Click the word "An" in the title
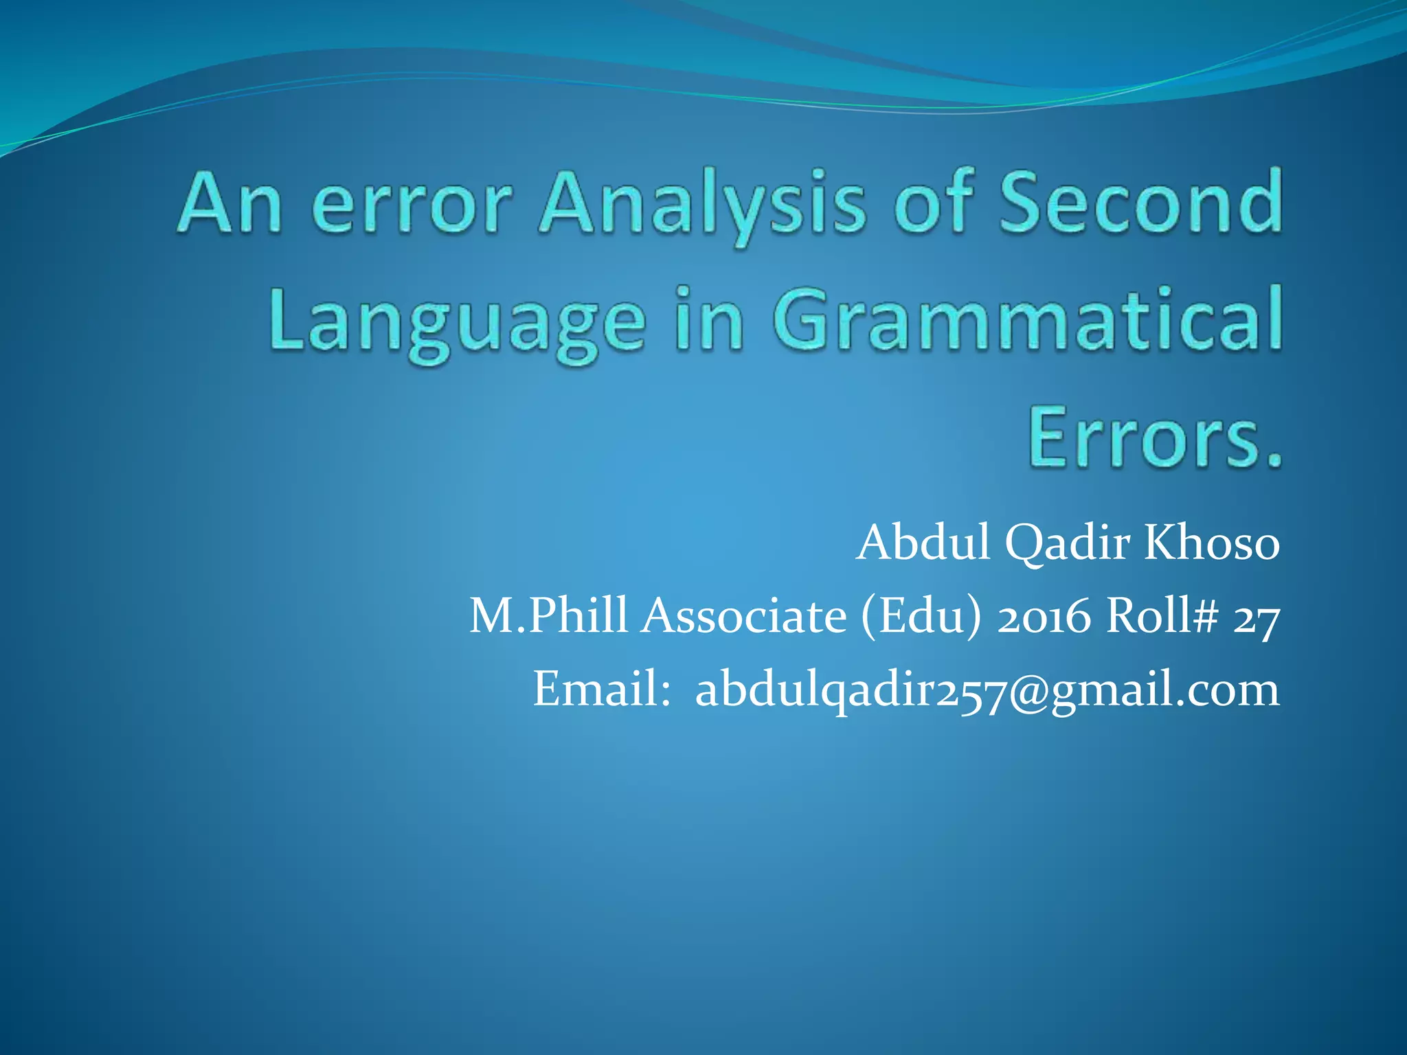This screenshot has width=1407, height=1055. (x=229, y=204)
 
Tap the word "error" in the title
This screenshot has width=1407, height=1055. (x=414, y=206)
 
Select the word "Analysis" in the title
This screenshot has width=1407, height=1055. (x=701, y=206)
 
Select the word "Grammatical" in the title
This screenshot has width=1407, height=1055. (x=1026, y=319)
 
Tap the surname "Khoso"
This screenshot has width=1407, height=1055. (x=1211, y=543)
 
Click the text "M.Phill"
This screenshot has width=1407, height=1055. (x=548, y=616)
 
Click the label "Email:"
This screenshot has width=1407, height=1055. (x=602, y=689)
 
